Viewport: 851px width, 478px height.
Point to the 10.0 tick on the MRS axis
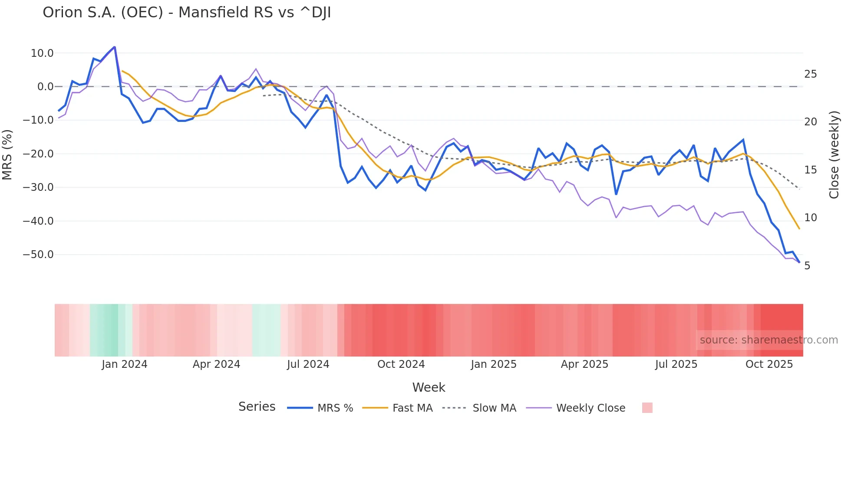point(42,53)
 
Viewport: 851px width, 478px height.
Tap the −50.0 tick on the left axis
point(38,255)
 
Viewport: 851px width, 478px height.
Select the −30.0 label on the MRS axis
point(38,187)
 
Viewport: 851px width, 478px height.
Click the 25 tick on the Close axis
point(810,74)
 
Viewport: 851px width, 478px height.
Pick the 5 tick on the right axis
point(807,266)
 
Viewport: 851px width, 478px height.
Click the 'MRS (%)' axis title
point(7,154)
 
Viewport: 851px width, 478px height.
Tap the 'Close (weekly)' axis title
point(834,155)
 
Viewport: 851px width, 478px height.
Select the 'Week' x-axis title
point(429,387)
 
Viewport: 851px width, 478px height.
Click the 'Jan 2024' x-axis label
point(125,364)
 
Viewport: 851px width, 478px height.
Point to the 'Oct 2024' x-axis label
point(401,364)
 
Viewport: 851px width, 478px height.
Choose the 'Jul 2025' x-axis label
point(676,364)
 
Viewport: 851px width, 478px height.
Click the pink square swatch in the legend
point(647,408)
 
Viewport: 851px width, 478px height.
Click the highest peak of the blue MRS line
point(115,47)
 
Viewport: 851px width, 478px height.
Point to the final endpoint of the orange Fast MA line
point(799,229)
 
